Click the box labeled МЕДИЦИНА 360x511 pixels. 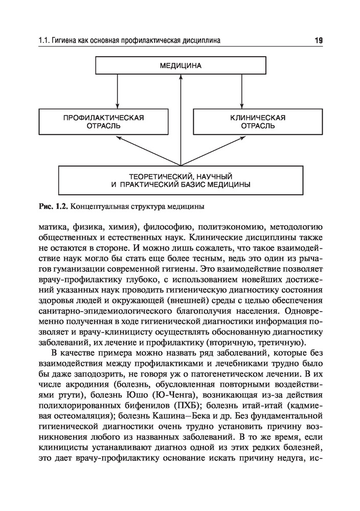point(181,66)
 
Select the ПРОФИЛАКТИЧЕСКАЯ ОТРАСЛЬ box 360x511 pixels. point(103,122)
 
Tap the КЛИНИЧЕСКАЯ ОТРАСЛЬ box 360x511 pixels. point(258,122)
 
